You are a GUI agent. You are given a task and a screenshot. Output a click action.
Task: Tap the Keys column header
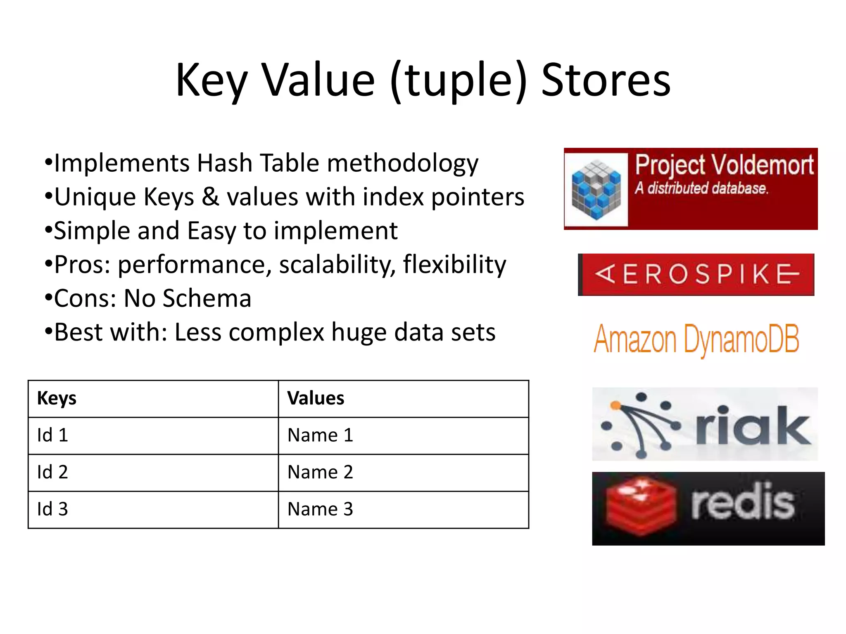[x=57, y=398]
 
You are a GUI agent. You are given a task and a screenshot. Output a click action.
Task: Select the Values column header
[x=316, y=398]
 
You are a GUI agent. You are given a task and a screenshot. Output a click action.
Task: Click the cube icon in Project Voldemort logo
[x=596, y=189]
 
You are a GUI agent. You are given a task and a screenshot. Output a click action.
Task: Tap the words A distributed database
[x=701, y=188]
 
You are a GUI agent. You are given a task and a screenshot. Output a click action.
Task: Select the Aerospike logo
[x=696, y=274]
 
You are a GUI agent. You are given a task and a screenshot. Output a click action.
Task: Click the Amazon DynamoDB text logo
[x=696, y=339]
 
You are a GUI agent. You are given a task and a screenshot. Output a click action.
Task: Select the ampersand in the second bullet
[x=210, y=197]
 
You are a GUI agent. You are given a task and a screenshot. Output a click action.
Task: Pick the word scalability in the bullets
[x=334, y=265]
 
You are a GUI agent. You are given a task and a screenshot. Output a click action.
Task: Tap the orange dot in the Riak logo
[x=615, y=406]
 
